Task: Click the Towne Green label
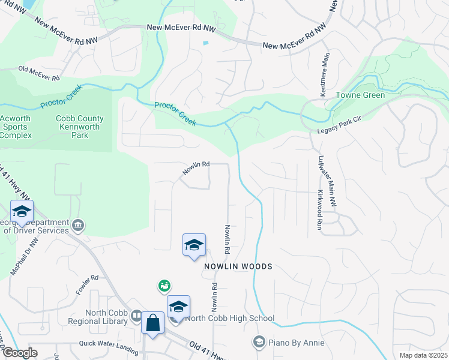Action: [x=360, y=95]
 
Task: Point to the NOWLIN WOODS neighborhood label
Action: [x=238, y=266]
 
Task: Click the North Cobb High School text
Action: [x=229, y=318]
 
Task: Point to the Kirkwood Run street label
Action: [x=320, y=209]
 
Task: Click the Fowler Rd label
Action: [x=86, y=278]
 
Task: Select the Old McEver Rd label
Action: [x=39, y=74]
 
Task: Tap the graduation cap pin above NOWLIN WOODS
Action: [x=194, y=245]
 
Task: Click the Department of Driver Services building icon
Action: [x=78, y=226]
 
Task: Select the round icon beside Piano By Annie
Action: [x=259, y=343]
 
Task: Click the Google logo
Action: [x=19, y=353]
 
